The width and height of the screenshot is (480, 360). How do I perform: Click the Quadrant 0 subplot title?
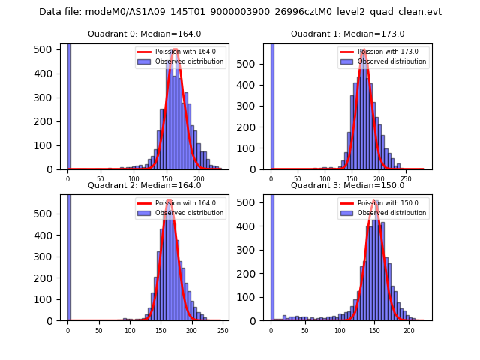point(144,34)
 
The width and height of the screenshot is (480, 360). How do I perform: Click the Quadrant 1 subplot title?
point(347,34)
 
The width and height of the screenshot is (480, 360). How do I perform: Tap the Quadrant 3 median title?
point(347,185)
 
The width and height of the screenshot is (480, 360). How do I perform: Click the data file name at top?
point(240,12)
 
